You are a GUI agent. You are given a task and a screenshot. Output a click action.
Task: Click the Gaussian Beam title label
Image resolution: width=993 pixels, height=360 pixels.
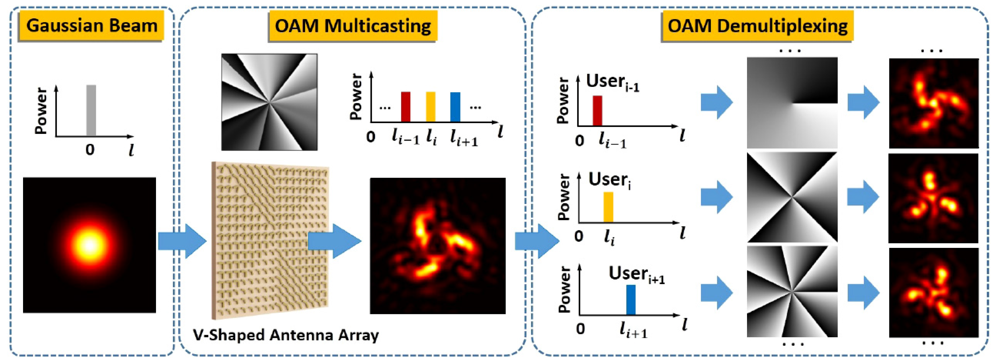coord(91,26)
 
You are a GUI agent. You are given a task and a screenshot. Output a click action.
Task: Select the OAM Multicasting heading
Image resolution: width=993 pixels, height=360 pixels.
coord(353,26)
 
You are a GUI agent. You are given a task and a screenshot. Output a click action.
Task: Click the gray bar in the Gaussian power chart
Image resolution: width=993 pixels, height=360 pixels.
coord(91,111)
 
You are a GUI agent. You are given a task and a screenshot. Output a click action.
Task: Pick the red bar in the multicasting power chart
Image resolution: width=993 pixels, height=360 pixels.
coord(405,107)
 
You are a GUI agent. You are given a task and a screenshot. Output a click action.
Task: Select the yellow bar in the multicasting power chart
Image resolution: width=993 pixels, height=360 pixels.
coord(430,107)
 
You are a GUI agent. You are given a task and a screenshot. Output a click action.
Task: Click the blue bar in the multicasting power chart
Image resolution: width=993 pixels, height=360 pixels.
coord(455,107)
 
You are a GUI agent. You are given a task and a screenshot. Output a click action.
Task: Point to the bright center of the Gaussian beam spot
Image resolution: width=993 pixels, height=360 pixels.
coord(90,245)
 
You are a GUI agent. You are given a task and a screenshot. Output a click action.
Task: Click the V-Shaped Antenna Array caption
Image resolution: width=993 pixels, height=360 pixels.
coord(286,334)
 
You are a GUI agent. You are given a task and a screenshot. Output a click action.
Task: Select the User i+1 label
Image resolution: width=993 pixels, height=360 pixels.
coord(636,274)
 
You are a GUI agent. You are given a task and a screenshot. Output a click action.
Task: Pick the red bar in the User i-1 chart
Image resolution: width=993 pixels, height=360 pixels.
coord(597,111)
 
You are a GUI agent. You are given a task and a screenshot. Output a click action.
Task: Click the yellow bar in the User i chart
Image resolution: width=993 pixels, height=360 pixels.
coord(608,207)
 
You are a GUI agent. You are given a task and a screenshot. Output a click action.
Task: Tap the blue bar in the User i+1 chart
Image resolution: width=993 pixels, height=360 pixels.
coord(631,300)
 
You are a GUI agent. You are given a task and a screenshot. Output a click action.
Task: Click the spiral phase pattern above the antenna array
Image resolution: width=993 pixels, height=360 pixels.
coord(269,102)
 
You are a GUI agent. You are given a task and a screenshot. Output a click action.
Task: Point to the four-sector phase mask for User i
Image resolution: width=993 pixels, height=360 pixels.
coord(792,197)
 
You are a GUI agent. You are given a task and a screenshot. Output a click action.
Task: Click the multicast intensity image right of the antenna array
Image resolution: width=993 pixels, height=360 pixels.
coord(437,245)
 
